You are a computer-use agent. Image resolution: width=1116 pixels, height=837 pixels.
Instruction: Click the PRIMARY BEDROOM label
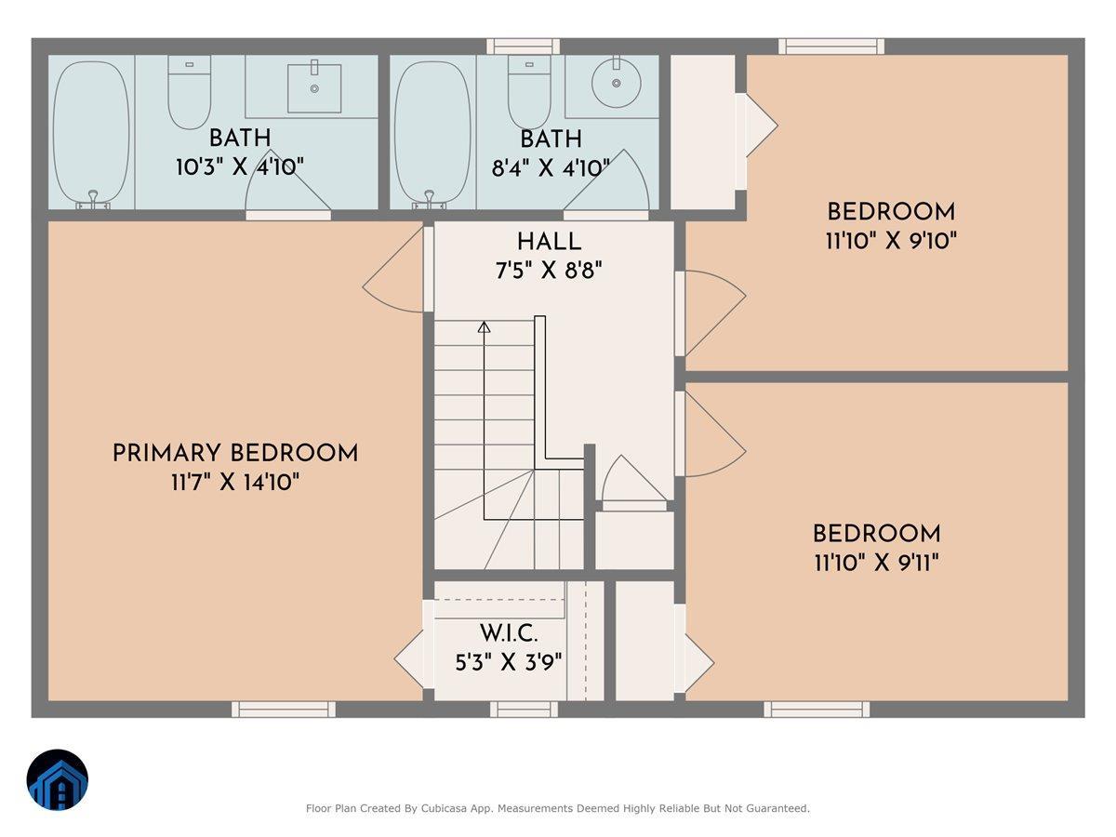[234, 454]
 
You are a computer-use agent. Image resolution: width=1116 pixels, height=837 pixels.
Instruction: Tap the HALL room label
[549, 242]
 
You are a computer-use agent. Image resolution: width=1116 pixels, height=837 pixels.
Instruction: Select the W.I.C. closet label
[509, 634]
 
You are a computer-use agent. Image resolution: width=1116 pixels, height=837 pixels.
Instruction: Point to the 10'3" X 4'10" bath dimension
[240, 167]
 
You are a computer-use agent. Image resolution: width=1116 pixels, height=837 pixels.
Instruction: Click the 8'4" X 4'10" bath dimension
[551, 167]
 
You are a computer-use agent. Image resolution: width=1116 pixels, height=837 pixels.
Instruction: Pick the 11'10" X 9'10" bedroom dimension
[891, 241]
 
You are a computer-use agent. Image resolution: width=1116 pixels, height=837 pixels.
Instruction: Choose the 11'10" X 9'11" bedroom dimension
[876, 563]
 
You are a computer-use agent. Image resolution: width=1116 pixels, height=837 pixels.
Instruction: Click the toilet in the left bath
[190, 92]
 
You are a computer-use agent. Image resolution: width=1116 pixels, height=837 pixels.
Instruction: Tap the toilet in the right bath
[530, 92]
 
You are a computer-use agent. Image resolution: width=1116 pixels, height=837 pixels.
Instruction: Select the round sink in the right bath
[616, 83]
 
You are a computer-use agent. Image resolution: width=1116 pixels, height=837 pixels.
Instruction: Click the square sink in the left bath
[313, 87]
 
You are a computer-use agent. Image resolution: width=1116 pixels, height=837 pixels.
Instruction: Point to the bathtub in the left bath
[91, 131]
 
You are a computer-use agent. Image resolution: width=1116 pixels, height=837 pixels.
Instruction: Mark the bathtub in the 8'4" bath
[432, 131]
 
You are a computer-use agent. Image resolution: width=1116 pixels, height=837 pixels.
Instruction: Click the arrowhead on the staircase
[484, 326]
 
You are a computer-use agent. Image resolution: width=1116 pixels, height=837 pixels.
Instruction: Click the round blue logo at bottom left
[58, 780]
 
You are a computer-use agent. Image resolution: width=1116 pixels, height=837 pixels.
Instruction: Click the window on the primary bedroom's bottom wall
[283, 710]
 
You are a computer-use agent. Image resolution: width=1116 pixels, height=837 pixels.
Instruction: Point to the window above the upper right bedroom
[830, 46]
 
